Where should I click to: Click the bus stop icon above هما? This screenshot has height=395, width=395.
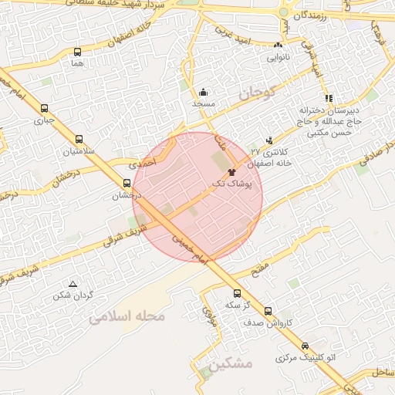(77, 52)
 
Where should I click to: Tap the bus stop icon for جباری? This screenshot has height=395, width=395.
(44, 109)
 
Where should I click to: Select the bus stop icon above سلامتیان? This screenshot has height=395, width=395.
(79, 140)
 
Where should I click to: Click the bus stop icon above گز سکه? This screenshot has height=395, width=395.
(237, 293)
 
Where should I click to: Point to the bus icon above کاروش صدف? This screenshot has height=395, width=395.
(268, 311)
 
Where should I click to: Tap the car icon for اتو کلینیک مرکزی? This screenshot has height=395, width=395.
(306, 346)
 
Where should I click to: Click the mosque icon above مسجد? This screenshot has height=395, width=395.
(203, 92)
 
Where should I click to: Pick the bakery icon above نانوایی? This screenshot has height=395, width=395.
(278, 46)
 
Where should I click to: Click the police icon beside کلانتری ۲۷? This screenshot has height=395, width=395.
(269, 140)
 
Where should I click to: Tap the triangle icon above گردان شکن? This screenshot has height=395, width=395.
(73, 283)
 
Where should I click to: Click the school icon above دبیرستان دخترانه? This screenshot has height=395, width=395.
(329, 98)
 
